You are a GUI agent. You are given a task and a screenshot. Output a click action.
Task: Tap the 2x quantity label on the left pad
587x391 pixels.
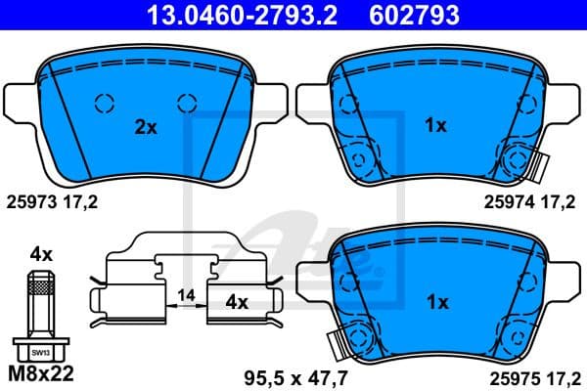(146, 126)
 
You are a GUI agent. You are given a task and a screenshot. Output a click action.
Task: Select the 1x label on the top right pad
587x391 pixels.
(435, 125)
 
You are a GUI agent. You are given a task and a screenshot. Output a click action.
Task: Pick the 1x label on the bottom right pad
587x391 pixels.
(435, 303)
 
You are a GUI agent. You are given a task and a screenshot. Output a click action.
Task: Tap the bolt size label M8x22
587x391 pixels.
(41, 374)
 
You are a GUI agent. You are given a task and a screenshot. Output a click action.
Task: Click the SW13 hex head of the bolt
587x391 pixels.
(40, 349)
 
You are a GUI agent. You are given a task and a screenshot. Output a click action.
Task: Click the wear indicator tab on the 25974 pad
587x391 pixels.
(533, 166)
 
